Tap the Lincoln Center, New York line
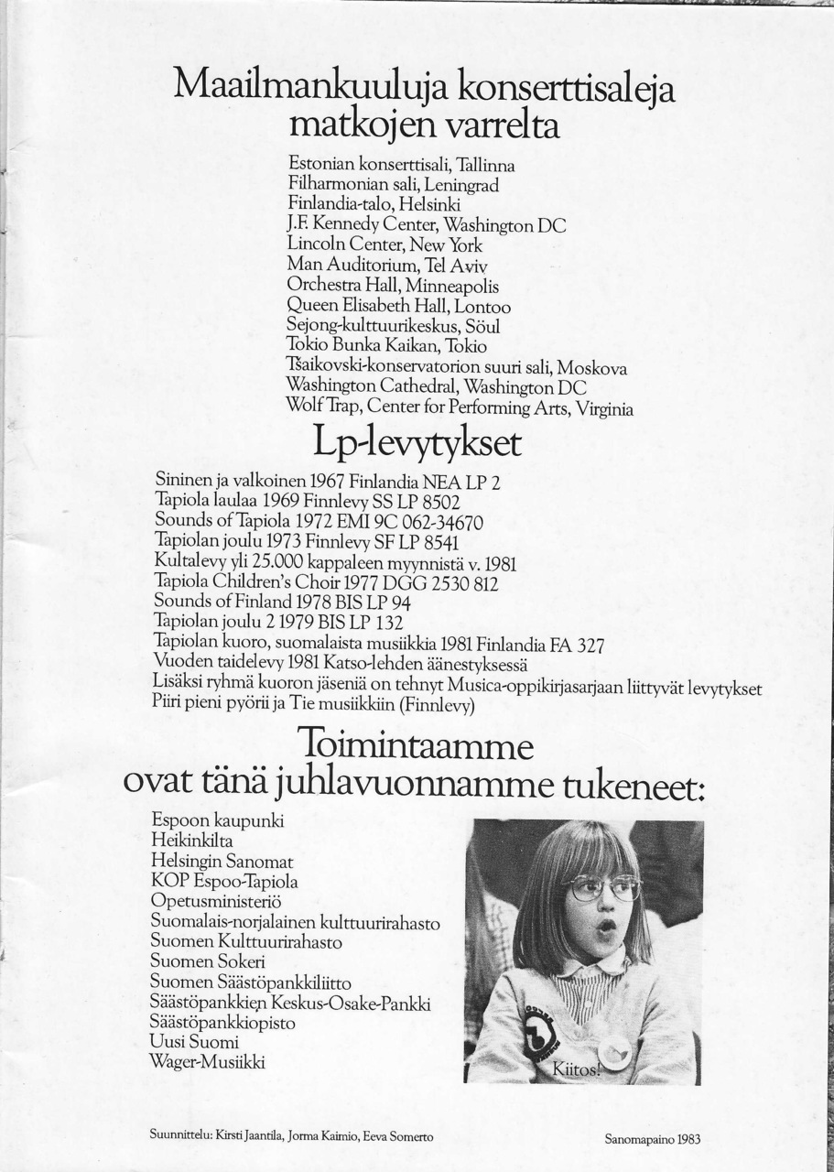[384, 244]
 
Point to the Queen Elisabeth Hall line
[398, 307]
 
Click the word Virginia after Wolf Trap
[603, 409]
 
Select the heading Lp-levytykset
[417, 446]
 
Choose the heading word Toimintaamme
[416, 746]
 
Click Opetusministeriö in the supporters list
[216, 902]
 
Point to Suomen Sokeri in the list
[208, 961]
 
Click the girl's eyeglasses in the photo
[603, 886]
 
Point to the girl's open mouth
[606, 926]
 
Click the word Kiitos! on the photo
[576, 1068]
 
